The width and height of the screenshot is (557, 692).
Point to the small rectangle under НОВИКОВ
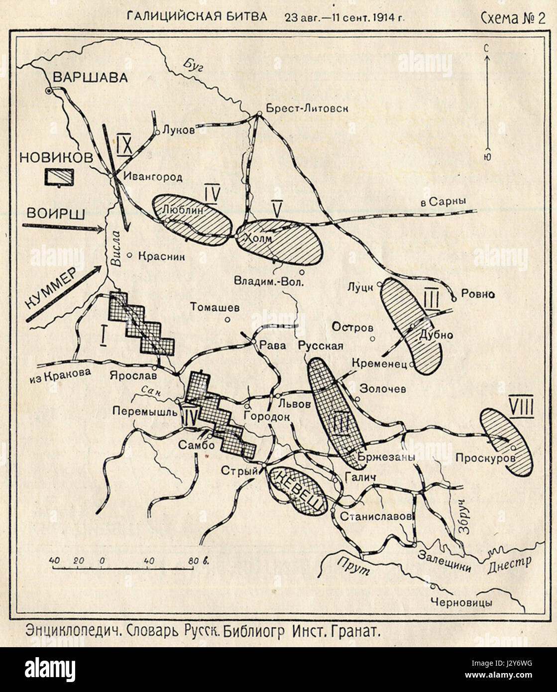pyautogui.click(x=59, y=178)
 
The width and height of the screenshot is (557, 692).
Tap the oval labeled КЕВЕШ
pyautogui.click(x=297, y=490)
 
